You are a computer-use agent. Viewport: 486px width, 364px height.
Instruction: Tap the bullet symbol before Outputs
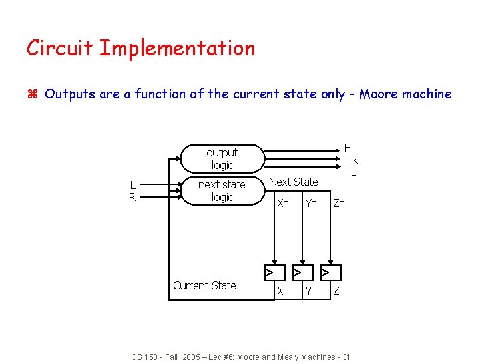(32, 94)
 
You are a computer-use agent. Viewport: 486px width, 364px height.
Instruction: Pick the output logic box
(222, 158)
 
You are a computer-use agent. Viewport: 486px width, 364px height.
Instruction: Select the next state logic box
(222, 191)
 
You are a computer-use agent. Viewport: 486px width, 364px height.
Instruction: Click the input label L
(133, 185)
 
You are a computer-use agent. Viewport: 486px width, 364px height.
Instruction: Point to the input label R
(133, 197)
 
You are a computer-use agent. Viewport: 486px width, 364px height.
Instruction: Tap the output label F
(347, 148)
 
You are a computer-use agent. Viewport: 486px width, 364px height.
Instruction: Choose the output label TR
(351, 160)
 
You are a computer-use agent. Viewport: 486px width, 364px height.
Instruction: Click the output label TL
(350, 172)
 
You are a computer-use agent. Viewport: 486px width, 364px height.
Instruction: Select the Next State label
(293, 182)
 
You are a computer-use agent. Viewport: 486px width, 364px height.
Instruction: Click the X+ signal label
(282, 202)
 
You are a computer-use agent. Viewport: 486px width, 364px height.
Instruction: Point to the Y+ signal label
(310, 202)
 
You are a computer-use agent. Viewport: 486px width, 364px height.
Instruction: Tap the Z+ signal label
(338, 202)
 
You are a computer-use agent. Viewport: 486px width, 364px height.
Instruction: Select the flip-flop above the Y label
(302, 272)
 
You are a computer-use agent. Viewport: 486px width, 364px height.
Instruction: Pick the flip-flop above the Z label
(330, 272)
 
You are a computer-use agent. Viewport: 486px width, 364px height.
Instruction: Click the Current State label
(204, 285)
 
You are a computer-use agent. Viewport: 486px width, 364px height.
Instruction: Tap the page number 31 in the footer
(345, 357)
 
